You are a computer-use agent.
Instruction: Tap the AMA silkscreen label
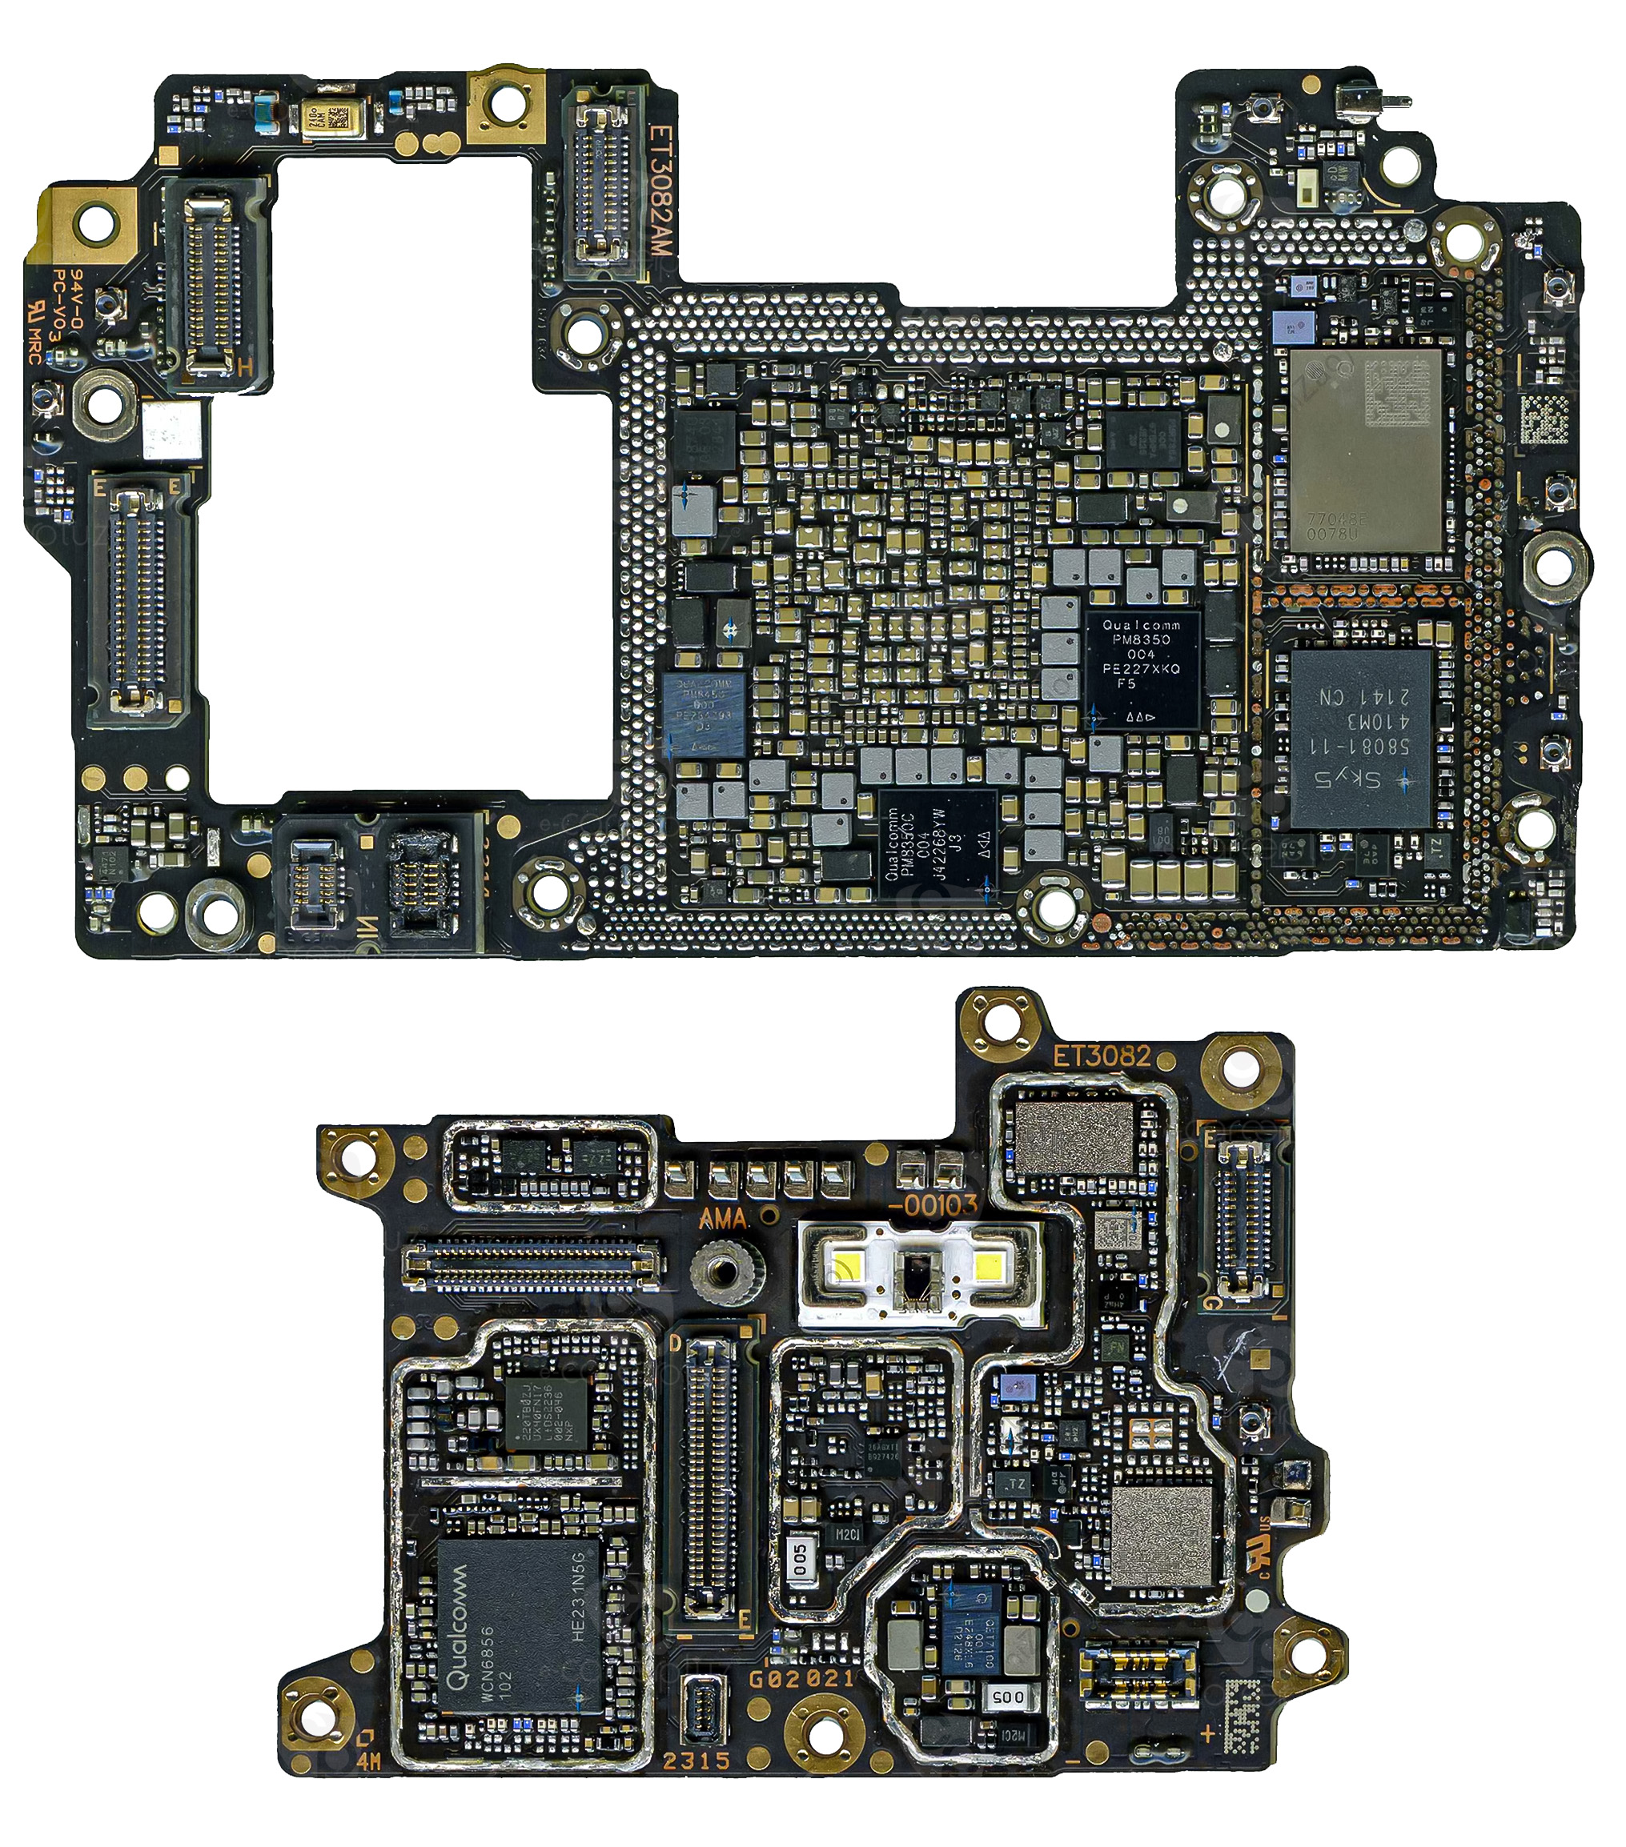[x=722, y=1219]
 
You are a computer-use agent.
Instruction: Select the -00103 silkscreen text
[x=933, y=1204]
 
